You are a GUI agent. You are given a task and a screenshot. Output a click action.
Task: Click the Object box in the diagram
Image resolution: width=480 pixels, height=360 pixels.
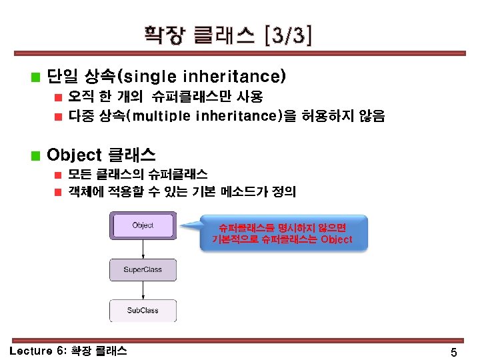(x=143, y=225)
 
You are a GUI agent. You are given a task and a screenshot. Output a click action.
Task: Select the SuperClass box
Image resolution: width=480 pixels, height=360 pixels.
(x=143, y=270)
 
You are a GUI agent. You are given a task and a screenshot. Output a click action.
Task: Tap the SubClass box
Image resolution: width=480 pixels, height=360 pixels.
(x=143, y=311)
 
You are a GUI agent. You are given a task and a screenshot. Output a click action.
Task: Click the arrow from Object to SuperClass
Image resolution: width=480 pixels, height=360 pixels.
(x=143, y=249)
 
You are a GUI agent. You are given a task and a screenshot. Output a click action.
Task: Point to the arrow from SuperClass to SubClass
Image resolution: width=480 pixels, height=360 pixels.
(x=143, y=290)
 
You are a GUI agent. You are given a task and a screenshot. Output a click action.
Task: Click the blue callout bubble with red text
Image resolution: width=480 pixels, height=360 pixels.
(x=283, y=233)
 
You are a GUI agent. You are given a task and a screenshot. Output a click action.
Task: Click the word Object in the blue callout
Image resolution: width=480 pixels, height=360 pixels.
(x=337, y=239)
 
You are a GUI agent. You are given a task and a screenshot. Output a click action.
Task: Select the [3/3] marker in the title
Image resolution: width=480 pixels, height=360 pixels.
(x=288, y=35)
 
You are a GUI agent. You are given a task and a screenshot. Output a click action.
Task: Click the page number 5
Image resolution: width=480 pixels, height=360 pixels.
(x=454, y=352)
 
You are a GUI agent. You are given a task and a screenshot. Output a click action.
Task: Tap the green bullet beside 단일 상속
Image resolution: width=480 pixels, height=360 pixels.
(x=35, y=77)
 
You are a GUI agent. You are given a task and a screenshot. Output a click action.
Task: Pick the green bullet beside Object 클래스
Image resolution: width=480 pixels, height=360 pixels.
(x=35, y=155)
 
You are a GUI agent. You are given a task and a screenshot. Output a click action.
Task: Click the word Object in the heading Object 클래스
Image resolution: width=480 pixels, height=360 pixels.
(x=74, y=155)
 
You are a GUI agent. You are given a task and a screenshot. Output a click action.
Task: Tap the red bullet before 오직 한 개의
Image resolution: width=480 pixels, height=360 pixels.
(x=58, y=97)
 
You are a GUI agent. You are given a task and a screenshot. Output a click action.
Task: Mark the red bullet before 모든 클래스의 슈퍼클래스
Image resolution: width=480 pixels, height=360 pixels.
(x=58, y=175)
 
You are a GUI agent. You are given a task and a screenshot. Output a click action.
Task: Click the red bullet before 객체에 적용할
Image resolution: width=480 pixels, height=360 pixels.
(x=58, y=192)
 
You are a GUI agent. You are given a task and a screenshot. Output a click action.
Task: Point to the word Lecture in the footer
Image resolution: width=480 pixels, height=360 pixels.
(x=31, y=351)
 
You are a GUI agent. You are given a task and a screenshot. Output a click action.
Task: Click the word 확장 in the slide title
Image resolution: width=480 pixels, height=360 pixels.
(x=165, y=35)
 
